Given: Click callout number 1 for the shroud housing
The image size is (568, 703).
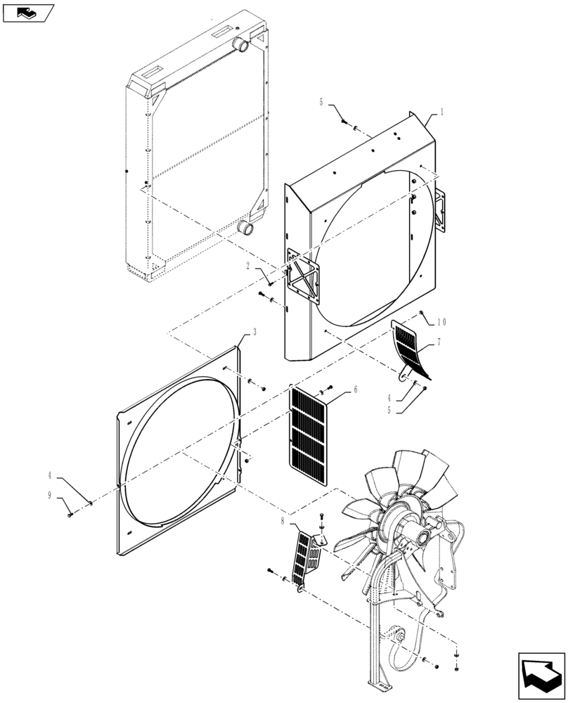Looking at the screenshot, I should click(441, 111).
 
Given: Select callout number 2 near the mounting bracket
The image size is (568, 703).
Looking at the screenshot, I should click(249, 265).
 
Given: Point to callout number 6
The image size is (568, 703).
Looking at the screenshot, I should click(356, 389).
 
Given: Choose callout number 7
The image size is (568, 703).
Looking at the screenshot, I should click(439, 342).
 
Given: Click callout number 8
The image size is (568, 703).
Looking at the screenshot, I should click(283, 522).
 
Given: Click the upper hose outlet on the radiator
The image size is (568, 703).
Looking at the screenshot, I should click(242, 47).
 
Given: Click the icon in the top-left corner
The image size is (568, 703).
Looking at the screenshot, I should click(28, 12).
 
